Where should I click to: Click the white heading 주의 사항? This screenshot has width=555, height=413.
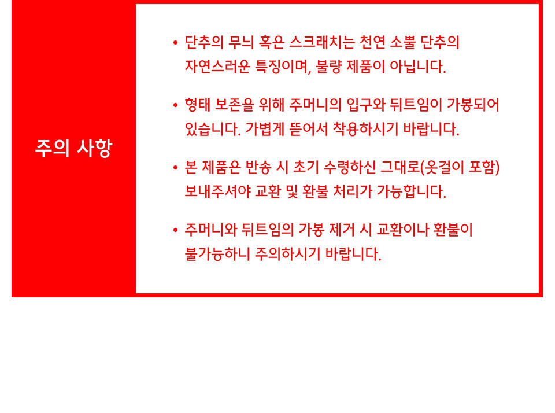(73, 148)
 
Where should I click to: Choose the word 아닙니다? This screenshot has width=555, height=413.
(417, 67)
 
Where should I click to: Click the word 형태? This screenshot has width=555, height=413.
(198, 105)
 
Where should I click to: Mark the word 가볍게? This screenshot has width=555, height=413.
(265, 129)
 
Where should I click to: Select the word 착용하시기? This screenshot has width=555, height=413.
(365, 129)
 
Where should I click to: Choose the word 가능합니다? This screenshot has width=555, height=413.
(411, 191)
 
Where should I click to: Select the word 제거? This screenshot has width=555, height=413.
(342, 230)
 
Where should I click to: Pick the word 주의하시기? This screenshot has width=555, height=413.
(287, 254)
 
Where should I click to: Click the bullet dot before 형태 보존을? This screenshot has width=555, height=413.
(175, 105)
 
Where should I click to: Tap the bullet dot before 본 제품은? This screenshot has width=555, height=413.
(175, 168)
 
